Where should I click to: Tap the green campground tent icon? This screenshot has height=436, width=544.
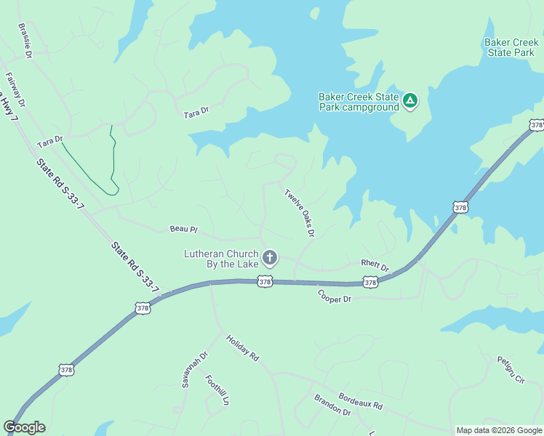pyautogui.click(x=410, y=100)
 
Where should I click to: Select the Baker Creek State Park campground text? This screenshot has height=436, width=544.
pyautogui.click(x=359, y=102)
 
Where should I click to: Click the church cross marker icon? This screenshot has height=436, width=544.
pyautogui.click(x=270, y=257)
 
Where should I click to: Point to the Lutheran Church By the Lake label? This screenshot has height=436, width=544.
pyautogui.click(x=221, y=259)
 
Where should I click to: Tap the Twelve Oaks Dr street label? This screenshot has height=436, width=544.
pyautogui.click(x=299, y=214)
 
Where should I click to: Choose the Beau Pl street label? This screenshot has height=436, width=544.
pyautogui.click(x=184, y=229)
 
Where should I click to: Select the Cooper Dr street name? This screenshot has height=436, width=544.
pyautogui.click(x=335, y=296)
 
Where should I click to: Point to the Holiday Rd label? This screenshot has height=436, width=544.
pyautogui.click(x=242, y=349)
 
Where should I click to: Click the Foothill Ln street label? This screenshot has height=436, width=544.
pyautogui.click(x=217, y=390)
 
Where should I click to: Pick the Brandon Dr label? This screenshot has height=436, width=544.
pyautogui.click(x=332, y=405)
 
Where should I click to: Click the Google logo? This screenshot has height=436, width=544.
pyautogui.click(x=24, y=427)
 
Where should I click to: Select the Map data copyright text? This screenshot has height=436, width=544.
pyautogui.click(x=499, y=430)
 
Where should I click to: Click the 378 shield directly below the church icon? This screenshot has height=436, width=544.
pyautogui.click(x=265, y=281)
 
